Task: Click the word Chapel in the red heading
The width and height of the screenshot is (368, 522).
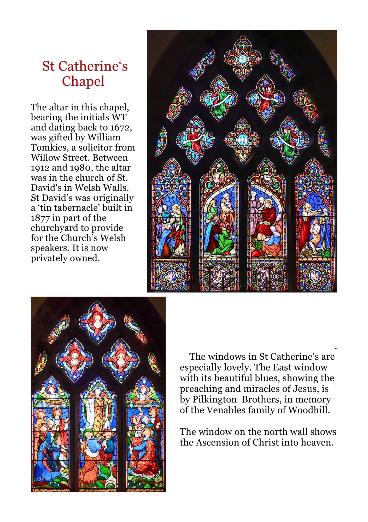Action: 83,81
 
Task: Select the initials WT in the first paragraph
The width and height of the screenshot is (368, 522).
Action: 119,117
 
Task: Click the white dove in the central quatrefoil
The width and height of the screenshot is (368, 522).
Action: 242,140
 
